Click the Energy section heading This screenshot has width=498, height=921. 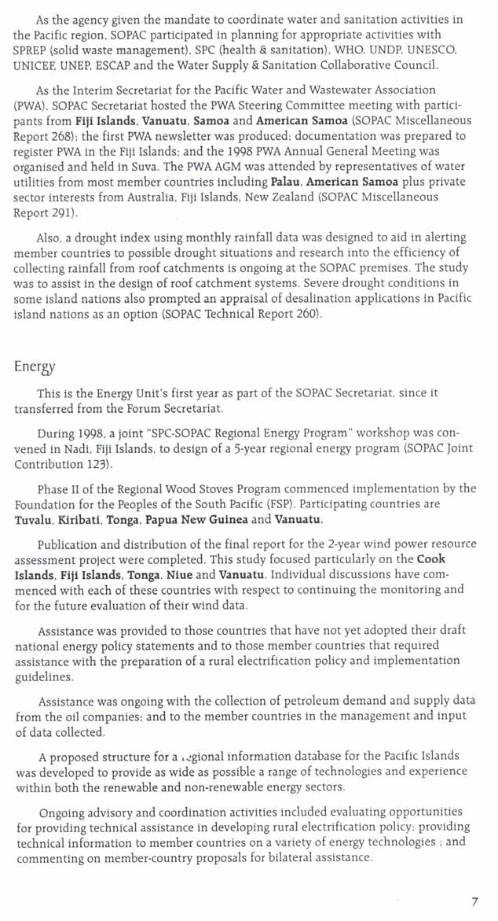(x=35, y=367)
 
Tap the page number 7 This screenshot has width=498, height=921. (x=474, y=901)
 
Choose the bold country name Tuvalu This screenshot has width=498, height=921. (x=32, y=520)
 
